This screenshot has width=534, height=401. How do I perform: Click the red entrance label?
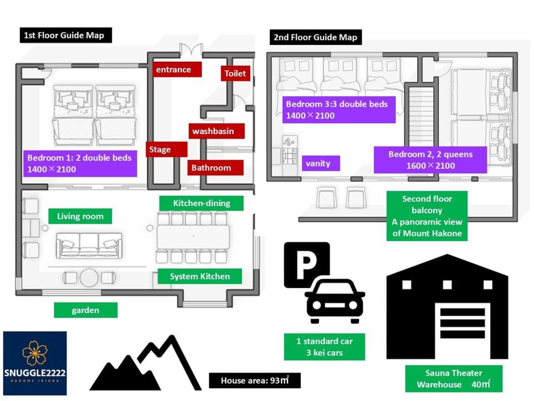coord(177,70)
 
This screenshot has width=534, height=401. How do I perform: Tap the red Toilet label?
coord(235,74)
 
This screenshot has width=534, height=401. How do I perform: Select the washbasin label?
coord(216,131)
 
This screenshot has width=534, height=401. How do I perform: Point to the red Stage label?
coord(166,149)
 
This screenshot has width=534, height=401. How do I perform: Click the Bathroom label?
coord(215,168)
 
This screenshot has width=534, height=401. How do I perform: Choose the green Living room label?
coord(80,216)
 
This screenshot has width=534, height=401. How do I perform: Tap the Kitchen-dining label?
coord(201,203)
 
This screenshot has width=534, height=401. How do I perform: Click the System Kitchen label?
coord(200,276)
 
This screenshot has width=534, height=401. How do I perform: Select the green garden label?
coord(86,310)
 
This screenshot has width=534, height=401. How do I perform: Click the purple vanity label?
coord(321,163)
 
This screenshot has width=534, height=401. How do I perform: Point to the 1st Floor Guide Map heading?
coord(66,35)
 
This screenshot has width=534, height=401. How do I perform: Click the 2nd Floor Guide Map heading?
coord(316,37)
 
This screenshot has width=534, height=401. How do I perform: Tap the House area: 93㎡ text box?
coord(255,380)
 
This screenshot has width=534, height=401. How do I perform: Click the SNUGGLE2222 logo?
coord(35,363)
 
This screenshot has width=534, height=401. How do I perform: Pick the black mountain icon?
coord(146,363)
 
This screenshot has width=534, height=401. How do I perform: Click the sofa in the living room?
coord(89,246)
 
